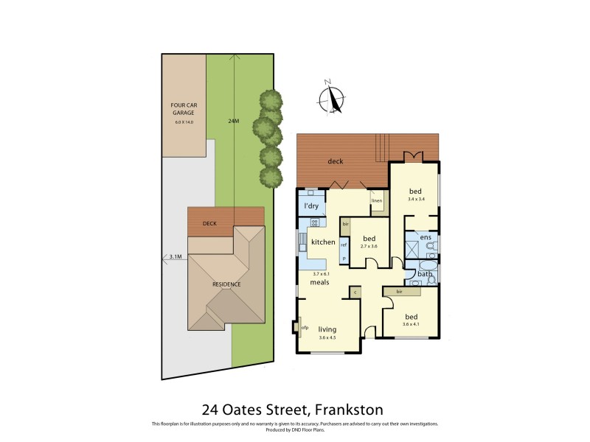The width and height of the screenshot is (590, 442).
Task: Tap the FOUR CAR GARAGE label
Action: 184,110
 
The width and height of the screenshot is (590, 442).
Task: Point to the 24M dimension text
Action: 234,120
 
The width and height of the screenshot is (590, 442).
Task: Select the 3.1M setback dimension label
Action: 176,256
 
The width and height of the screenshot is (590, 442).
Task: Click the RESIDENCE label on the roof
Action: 226,284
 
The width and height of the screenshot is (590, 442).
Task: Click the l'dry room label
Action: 311,206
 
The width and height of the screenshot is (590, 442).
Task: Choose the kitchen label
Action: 323,242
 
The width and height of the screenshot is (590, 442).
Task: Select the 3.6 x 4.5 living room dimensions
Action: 327,338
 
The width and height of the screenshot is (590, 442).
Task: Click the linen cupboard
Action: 377,200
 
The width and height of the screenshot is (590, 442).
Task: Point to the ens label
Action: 426,237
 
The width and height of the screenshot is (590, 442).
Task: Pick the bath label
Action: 425,274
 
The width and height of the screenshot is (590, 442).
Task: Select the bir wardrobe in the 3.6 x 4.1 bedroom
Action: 399,292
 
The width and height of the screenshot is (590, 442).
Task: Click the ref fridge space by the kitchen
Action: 344,245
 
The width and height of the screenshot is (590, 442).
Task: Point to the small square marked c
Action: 355,292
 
